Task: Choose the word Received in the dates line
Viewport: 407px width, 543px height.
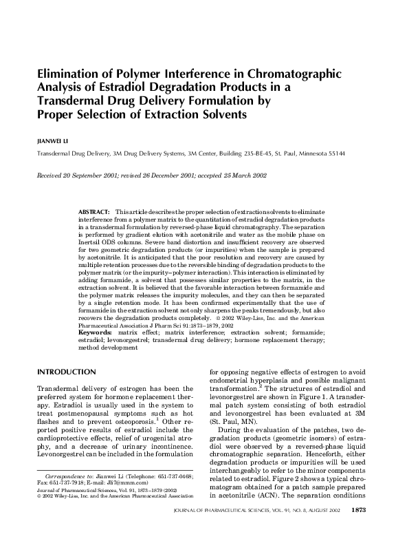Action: pyautogui.click(x=53, y=175)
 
